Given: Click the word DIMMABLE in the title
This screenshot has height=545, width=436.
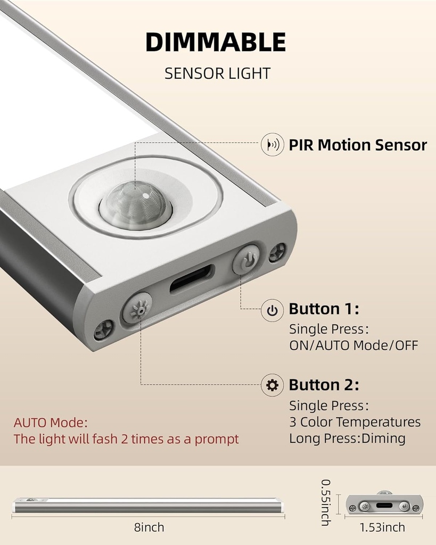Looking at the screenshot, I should [215, 43].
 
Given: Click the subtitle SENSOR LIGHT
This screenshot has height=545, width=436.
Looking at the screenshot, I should [217, 73].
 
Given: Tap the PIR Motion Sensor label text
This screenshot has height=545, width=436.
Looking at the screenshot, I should [358, 145].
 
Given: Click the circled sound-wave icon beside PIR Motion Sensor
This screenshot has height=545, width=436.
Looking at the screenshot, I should [272, 145].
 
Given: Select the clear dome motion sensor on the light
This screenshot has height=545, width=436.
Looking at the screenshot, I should [135, 204].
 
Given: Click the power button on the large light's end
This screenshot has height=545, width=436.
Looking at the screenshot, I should [246, 260].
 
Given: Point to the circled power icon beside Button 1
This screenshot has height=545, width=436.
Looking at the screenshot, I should [272, 310].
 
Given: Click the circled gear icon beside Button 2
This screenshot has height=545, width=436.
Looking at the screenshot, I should [272, 385].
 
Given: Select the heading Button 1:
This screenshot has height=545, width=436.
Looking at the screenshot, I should [324, 309].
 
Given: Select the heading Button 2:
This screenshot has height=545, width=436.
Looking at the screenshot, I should [324, 385].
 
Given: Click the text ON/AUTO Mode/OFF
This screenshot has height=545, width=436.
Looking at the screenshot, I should [353, 345].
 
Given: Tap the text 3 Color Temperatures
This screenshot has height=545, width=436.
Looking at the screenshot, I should [355, 422].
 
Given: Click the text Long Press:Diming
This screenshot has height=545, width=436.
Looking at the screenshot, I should [347, 439].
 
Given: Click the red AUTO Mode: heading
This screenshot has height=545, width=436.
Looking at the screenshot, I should [51, 423].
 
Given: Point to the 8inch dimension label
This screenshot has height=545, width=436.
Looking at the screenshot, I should [149, 527].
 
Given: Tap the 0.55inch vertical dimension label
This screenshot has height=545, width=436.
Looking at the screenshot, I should [326, 502].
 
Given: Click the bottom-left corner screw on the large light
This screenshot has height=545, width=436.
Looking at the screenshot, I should [103, 330].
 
